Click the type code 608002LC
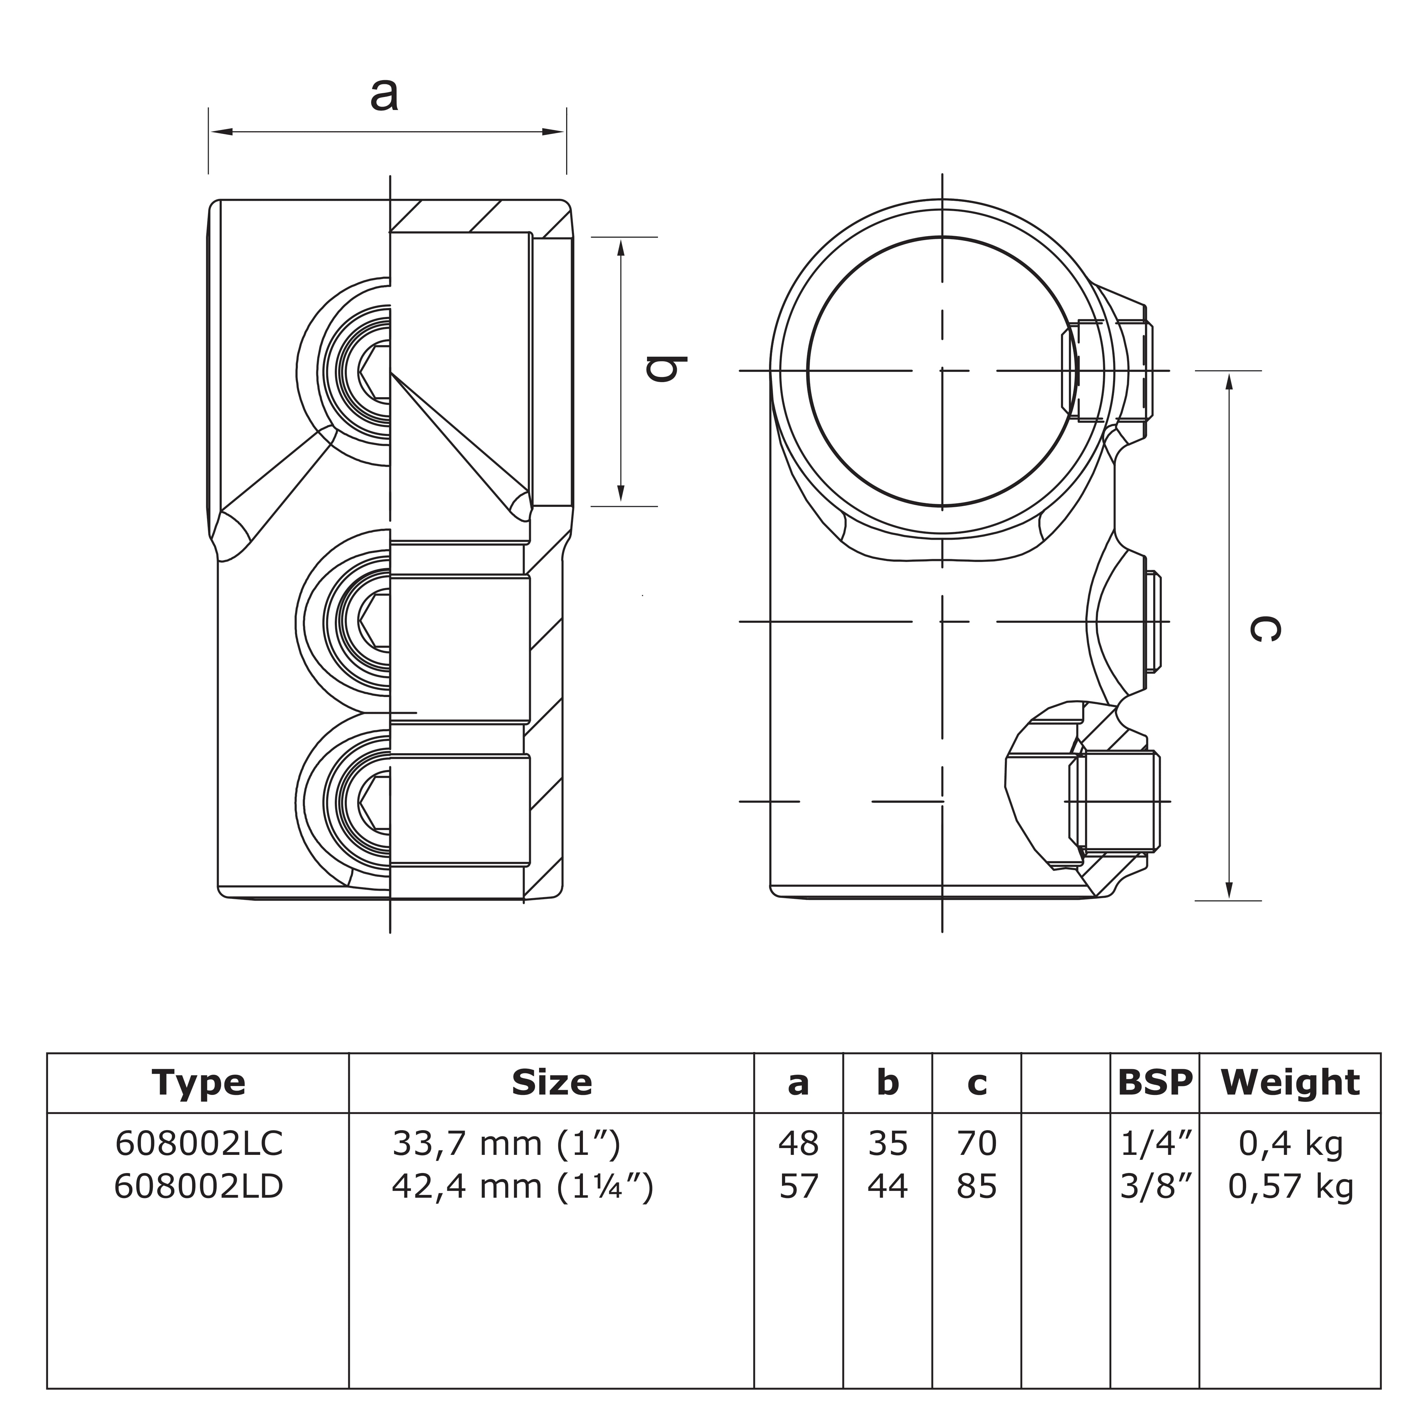(199, 1144)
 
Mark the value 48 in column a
(798, 1144)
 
